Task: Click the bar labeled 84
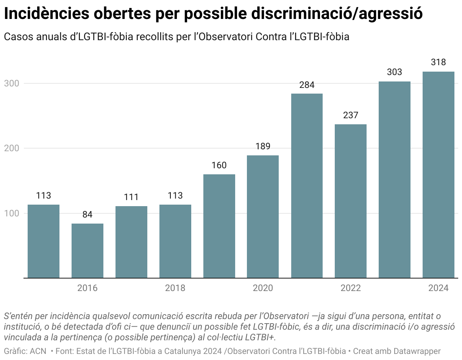87,250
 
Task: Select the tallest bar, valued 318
438,175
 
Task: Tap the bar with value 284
307,186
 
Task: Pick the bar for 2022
351,201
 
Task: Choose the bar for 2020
263,216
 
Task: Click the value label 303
394,72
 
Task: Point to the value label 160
219,165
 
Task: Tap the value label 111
131,197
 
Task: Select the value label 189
263,146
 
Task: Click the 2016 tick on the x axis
87,288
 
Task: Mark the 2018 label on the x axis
175,288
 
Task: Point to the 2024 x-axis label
438,288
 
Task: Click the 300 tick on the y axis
11,83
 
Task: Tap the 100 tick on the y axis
11,213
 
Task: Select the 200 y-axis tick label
11,148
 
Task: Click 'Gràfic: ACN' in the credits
25,351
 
